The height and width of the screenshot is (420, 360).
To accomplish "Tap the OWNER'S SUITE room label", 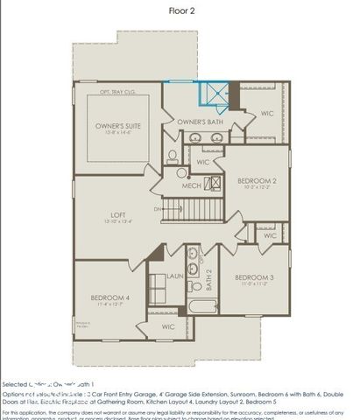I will click(x=119, y=126).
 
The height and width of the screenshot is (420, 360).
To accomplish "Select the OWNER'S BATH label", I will click(x=196, y=122).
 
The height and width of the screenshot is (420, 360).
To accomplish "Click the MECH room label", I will click(x=191, y=185).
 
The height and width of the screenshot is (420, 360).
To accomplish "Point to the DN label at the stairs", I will click(x=158, y=209).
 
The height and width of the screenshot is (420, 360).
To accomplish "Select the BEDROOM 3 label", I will click(x=254, y=277).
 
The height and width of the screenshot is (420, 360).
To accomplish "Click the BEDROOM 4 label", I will click(x=109, y=297).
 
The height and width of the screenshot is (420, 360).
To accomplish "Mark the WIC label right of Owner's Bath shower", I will click(x=267, y=112).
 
